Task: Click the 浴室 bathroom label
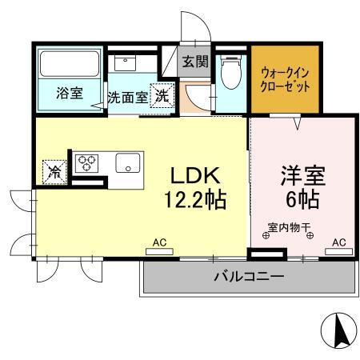[x=68, y=94]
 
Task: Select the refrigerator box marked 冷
[x=54, y=170]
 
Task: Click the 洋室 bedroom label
[x=301, y=174]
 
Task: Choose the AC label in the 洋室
[x=338, y=241]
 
